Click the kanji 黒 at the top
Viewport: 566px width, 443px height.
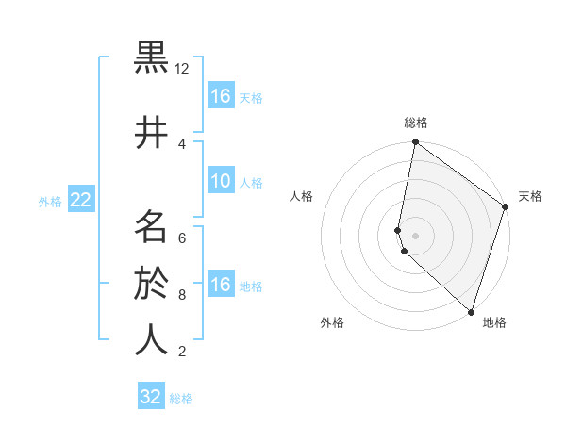point(152,58)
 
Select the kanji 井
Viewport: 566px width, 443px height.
point(152,133)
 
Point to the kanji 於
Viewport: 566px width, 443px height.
point(152,282)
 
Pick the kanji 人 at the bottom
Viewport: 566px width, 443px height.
point(152,339)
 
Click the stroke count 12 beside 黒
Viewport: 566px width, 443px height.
point(182,69)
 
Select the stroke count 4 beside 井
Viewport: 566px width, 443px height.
point(182,143)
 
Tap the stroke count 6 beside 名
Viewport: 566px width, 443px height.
point(182,238)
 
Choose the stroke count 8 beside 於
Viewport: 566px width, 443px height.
point(182,294)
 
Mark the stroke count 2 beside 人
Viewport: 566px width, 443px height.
point(182,352)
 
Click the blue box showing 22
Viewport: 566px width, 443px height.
point(80,200)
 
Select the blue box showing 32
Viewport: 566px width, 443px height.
point(151,397)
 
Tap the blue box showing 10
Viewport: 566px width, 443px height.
point(220,181)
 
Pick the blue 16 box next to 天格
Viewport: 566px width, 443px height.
point(220,96)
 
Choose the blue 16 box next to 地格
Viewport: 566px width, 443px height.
point(220,285)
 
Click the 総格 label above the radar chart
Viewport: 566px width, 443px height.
point(416,123)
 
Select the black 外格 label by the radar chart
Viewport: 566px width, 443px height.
point(332,322)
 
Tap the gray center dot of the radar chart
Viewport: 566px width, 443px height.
point(416,235)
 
